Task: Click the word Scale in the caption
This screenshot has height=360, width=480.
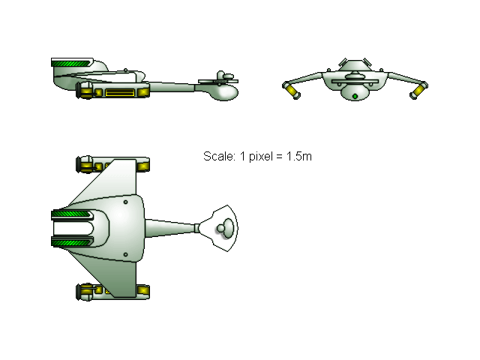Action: pyautogui.click(x=219, y=157)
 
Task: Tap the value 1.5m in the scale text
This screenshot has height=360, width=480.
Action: pyautogui.click(x=299, y=157)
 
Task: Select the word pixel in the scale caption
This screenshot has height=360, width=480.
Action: pyautogui.click(x=260, y=157)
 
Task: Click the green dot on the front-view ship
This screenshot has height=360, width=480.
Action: pyautogui.click(x=355, y=97)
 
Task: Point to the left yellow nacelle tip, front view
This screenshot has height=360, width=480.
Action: pyautogui.click(x=292, y=91)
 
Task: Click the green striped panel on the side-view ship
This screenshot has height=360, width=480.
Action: pyautogui.click(x=71, y=64)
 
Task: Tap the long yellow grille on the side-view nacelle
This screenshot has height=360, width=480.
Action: pyautogui.click(x=120, y=92)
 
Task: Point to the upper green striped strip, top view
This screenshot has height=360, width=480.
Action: pyautogui.click(x=71, y=214)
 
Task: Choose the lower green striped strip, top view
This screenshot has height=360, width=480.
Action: pyautogui.click(x=71, y=243)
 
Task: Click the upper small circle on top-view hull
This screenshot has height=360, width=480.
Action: pyautogui.click(x=125, y=202)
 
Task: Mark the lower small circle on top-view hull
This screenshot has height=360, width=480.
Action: pyautogui.click(x=125, y=255)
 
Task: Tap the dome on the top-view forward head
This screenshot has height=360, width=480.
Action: pyautogui.click(x=226, y=228)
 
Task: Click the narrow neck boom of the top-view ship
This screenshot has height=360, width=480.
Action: pyautogui.click(x=172, y=228)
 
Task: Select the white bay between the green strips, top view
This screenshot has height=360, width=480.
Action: pyautogui.click(x=73, y=228)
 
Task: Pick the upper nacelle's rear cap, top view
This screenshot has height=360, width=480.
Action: pyautogui.click(x=84, y=164)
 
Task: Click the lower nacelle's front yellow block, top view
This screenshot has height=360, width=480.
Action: pyautogui.click(x=143, y=290)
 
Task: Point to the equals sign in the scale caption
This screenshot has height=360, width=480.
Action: pyautogui.click(x=279, y=157)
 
